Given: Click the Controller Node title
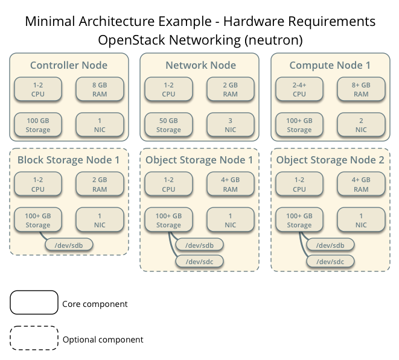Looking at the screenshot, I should coord(69,65).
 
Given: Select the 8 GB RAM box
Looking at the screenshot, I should coord(100,90).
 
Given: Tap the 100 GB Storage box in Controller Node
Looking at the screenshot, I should coord(38,125).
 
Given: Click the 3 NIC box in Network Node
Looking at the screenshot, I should coord(230,125).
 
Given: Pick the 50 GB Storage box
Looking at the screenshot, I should coord(168,125).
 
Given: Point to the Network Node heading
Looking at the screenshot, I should coord(200,65).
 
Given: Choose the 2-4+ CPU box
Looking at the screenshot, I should coord(299,90).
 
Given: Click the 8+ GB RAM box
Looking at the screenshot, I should coord(361,90).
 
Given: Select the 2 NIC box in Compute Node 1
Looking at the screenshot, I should coord(361,125).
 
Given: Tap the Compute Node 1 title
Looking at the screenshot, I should coord(330,65).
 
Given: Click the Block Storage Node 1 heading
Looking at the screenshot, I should coord(69,160).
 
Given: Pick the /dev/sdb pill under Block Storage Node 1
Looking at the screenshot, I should coord(69,245).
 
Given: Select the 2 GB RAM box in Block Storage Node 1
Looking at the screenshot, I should coord(100,185).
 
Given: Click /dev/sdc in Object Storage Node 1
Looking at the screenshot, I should coord(199,261).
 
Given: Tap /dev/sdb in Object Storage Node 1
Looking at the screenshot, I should coord(199,245).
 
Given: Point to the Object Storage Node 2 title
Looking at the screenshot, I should coord(330,160).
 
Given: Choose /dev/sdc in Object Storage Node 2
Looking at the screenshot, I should coord(330,261).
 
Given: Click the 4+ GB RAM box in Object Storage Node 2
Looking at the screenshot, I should coord(361,185).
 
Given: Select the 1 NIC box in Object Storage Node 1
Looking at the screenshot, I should coord(230,220).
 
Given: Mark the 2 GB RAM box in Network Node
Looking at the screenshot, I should coord(230,90).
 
